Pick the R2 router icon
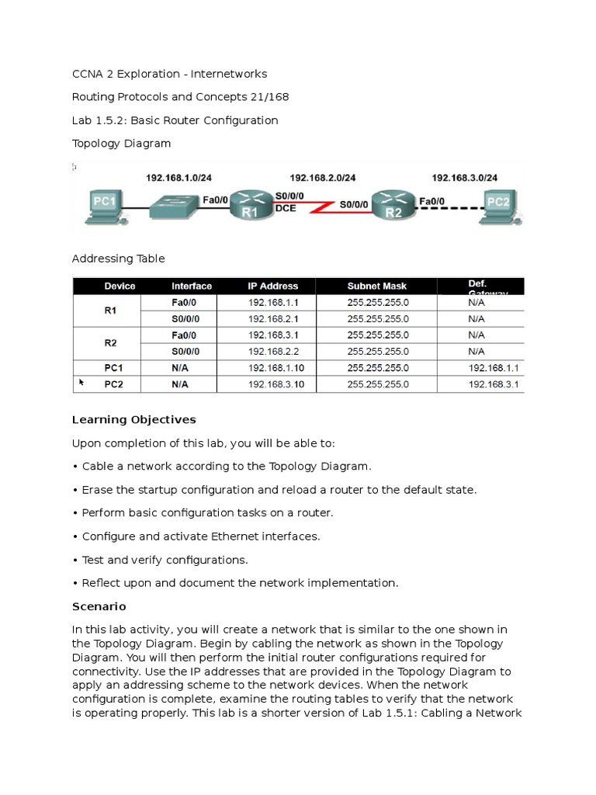click(x=393, y=203)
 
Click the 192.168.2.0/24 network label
click(x=323, y=178)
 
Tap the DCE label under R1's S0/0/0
click(x=286, y=209)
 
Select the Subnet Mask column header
click(x=377, y=286)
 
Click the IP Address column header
click(x=267, y=286)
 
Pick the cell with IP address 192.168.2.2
click(x=271, y=351)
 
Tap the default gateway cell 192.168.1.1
click(x=494, y=368)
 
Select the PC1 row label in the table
click(x=114, y=368)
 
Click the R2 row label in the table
click(x=110, y=342)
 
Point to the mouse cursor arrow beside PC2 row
click(x=81, y=382)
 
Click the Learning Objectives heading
click(x=133, y=420)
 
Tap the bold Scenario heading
click(x=99, y=606)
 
